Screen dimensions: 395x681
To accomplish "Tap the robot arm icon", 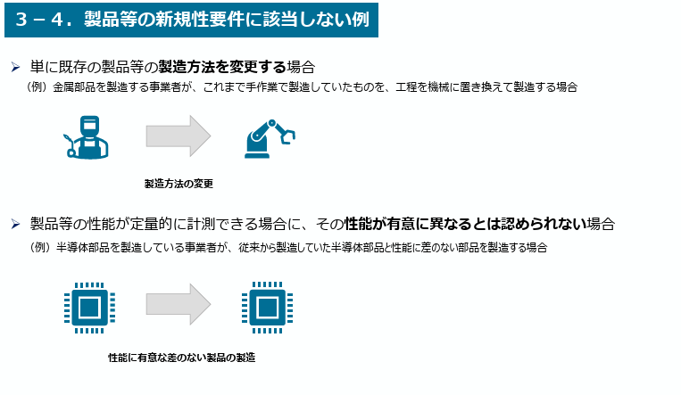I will tap(268, 136).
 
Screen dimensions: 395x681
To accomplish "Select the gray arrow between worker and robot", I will tap(178, 136).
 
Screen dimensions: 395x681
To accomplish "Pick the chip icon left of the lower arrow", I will tap(87, 308).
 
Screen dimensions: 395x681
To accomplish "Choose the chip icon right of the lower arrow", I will tap(264, 308).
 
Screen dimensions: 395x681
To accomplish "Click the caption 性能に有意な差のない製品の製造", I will tap(181, 358).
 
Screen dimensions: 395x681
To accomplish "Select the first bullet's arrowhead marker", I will tap(15, 67).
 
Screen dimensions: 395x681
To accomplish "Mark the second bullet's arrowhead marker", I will tap(15, 224).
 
